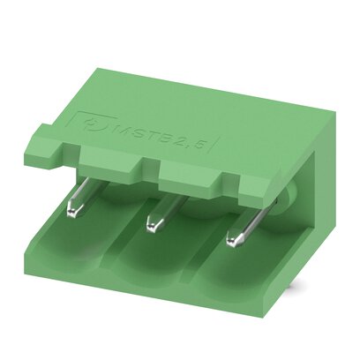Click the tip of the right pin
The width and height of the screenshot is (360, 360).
234,239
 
